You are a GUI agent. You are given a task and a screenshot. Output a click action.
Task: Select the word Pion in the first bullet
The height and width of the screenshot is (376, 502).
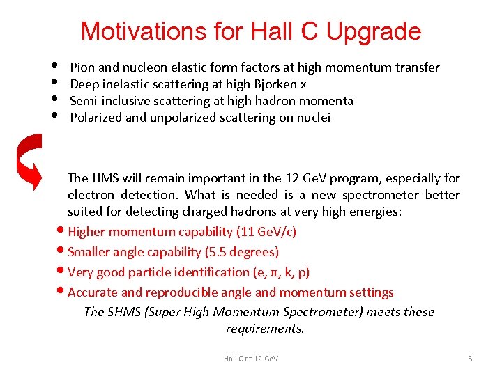pos(82,68)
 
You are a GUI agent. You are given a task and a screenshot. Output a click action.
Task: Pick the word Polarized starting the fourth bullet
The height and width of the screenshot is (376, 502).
pos(96,118)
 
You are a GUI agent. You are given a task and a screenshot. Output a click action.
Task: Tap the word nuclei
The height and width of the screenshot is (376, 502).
pos(313,118)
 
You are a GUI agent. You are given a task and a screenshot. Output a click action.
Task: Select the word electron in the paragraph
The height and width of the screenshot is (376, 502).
pos(91,195)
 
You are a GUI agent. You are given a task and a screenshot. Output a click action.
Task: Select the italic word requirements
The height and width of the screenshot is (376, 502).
pos(265,329)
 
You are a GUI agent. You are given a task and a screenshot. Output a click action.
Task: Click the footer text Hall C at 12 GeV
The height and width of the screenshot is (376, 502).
pos(250,359)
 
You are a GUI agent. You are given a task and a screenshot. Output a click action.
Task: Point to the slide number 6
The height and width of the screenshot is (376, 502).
pos(470,359)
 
